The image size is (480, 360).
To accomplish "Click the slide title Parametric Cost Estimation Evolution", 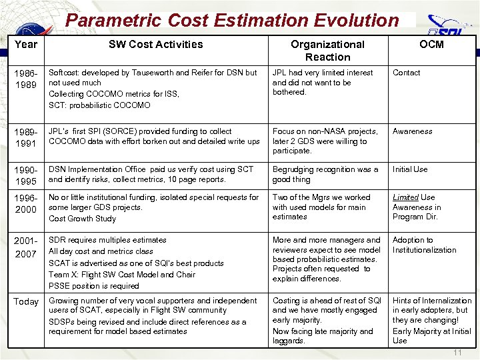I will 231,20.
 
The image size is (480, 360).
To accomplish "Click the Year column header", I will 26,45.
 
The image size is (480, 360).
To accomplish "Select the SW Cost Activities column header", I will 155,45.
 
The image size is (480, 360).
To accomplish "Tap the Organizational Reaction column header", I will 327,51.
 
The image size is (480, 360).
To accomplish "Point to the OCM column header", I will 431,45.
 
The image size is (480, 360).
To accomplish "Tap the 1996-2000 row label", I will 26,204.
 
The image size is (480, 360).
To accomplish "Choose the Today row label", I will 26,302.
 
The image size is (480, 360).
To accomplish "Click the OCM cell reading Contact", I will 407,73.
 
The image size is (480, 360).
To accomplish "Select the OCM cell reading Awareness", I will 412,131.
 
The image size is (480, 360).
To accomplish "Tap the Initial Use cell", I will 410,169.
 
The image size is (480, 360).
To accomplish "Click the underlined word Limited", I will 405,197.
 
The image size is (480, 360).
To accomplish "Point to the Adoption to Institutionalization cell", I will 424,245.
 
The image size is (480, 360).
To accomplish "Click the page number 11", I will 457,352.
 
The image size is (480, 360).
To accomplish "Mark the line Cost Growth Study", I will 82,219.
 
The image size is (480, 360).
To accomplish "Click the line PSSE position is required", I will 93,286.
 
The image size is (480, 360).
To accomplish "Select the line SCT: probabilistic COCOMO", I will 99,105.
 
